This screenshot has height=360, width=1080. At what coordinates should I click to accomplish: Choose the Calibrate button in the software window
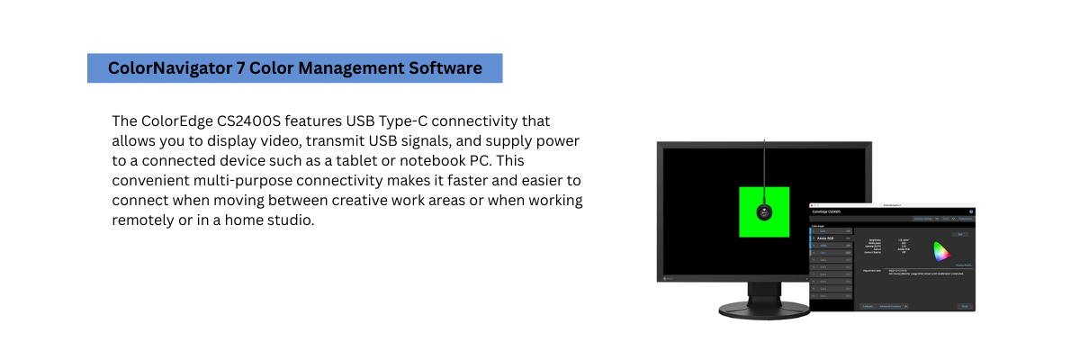[x=868, y=306]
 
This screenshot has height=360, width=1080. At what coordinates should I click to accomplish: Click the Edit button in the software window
[x=959, y=234]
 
